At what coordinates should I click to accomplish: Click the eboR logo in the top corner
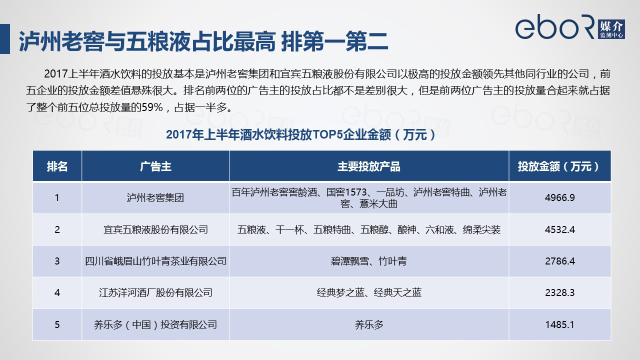point(570,26)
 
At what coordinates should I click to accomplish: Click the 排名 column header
point(57,166)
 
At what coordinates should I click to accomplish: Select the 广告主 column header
point(155,166)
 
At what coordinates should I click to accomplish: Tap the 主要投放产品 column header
point(368,166)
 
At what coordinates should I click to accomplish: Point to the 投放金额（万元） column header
point(559,166)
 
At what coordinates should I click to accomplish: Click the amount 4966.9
point(559,197)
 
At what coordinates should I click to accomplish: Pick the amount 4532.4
point(559,229)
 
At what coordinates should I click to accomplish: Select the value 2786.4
point(559,261)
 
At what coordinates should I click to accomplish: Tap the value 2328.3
point(559,292)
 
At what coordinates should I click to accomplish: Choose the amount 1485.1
point(559,324)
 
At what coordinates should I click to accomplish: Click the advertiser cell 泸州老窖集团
point(155,197)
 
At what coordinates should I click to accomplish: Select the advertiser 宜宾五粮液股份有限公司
point(155,229)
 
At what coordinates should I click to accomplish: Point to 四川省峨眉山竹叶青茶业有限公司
point(155,261)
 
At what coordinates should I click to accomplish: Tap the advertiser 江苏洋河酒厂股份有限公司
point(155,292)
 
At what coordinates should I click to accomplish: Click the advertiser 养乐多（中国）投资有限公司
point(155,324)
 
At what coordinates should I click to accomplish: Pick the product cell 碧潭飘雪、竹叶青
point(368,261)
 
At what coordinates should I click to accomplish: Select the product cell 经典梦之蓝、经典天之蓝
point(369,292)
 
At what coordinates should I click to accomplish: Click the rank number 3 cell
point(57,261)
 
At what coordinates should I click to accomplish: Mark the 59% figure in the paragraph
point(152,107)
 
